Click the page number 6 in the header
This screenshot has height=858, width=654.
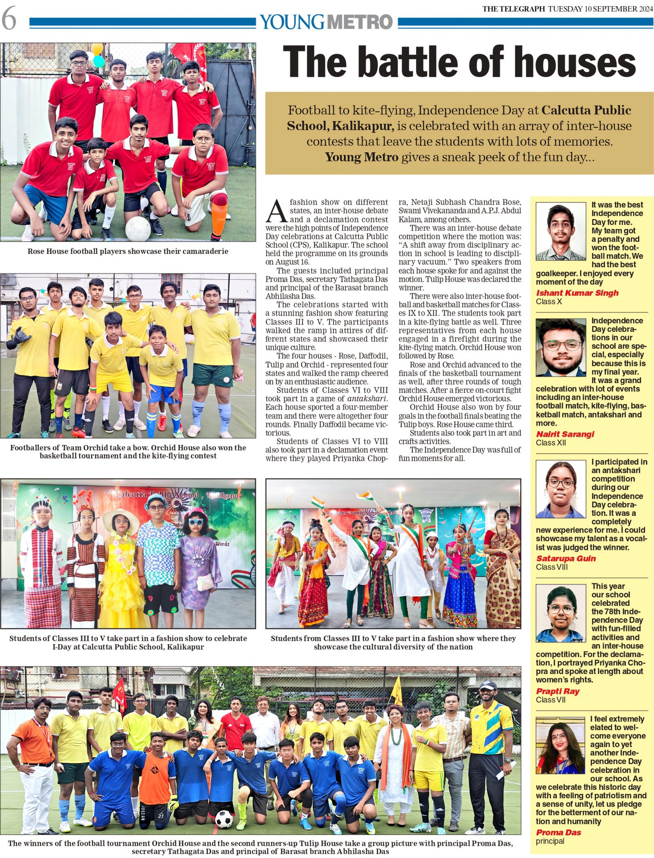coord(9,20)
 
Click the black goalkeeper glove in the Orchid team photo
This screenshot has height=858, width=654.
coord(18,337)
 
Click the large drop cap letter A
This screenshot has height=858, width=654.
coord(277,211)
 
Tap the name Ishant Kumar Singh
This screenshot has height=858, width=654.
coord(577,293)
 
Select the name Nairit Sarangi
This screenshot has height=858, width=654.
coord(565,434)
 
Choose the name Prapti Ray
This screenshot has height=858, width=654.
coord(558,691)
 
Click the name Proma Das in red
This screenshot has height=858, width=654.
coord(558,832)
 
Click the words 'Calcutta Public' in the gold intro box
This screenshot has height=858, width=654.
coord(586,110)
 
